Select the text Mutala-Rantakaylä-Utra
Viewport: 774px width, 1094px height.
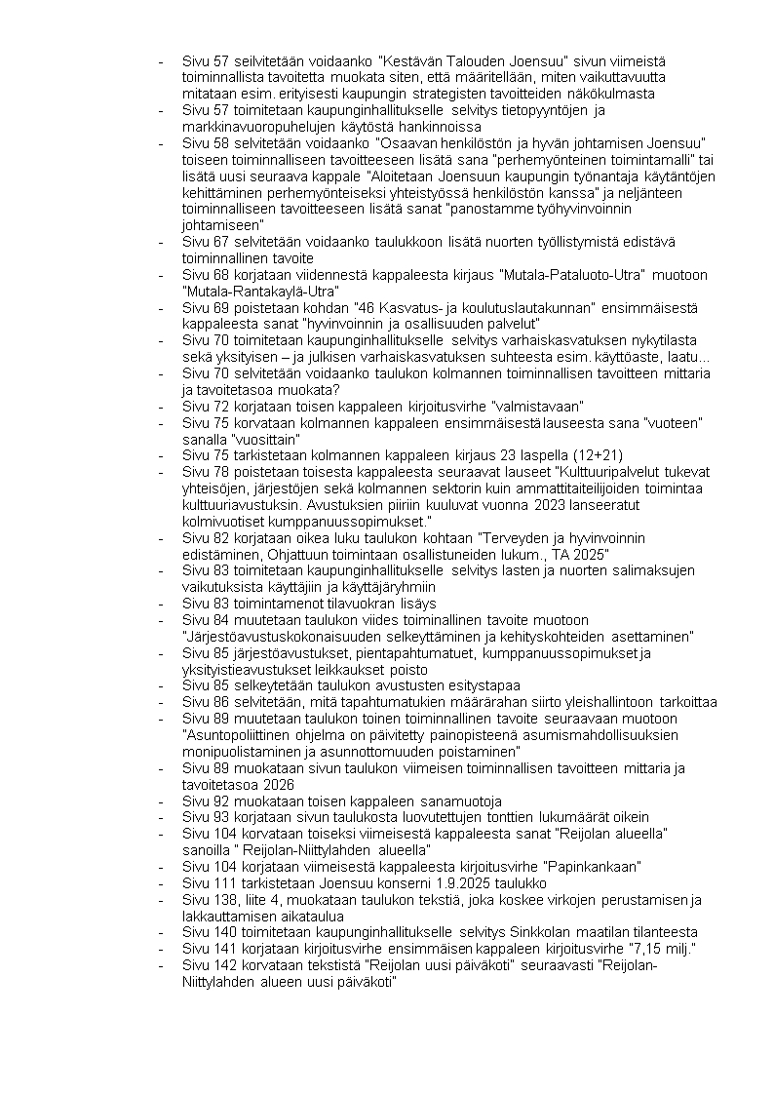pyautogui.click(x=259, y=291)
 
